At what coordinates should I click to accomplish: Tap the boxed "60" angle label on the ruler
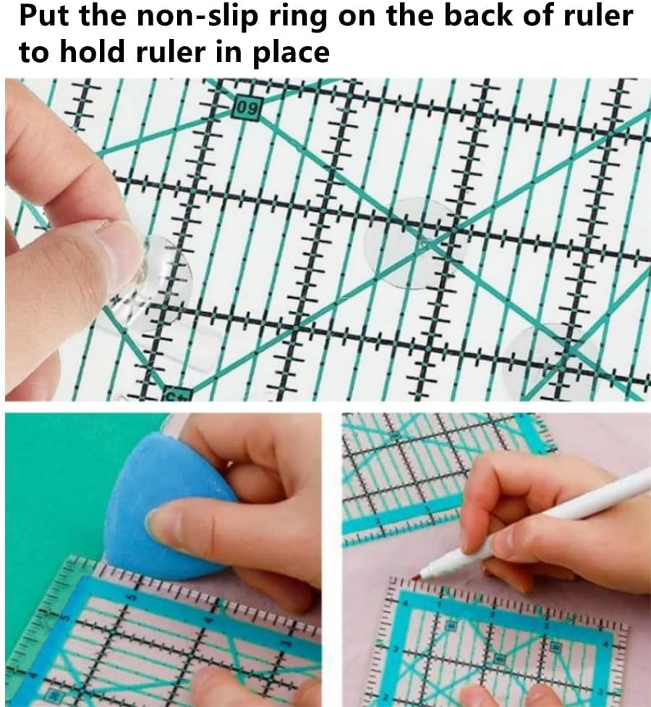point(247,111)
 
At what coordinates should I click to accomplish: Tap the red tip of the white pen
point(417,576)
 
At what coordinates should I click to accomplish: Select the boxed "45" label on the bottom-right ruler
point(498,659)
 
